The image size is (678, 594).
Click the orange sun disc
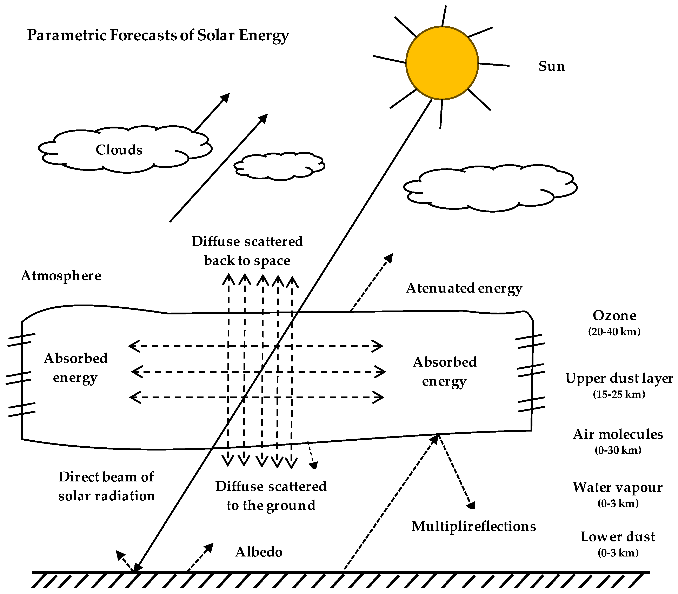point(442,63)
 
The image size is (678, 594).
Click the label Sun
point(551,66)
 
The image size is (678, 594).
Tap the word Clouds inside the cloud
point(119,150)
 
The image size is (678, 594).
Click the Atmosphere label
point(61,276)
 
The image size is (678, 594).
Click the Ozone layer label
point(614,316)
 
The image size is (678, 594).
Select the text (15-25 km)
point(619,394)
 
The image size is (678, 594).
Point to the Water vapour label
point(618,487)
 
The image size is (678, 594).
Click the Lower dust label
point(618,537)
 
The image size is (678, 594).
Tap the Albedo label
point(259,552)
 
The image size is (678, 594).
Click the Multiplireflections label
point(473,526)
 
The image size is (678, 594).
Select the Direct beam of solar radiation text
point(106,486)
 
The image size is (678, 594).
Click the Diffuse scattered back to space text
point(247,251)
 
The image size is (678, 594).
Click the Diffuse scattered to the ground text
point(271,496)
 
